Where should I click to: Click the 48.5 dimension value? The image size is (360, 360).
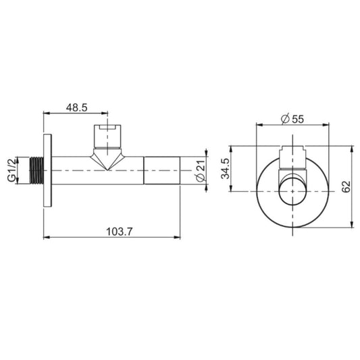[x=77, y=107]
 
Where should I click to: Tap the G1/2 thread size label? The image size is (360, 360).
[x=11, y=170]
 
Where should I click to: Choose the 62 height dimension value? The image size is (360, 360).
[x=346, y=186]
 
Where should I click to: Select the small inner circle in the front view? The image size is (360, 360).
[x=292, y=191]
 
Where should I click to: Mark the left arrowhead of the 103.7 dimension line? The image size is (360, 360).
[x=46, y=237]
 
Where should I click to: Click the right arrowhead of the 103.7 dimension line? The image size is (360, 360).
[x=178, y=237]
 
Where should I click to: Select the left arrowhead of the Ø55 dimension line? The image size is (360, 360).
[x=259, y=125]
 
